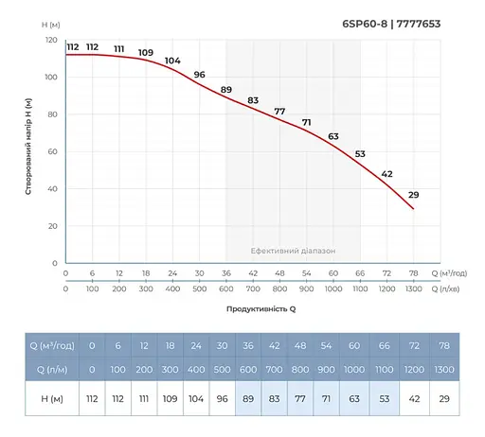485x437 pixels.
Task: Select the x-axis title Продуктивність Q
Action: (260, 309)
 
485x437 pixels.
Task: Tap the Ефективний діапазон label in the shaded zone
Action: (293, 251)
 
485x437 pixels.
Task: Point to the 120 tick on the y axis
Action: (51, 41)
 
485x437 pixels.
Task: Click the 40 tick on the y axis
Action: (53, 189)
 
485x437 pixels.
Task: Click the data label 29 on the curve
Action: (413, 195)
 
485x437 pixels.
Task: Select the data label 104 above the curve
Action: (172, 61)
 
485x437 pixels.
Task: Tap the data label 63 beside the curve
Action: (333, 136)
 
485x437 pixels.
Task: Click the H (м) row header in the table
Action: (53, 398)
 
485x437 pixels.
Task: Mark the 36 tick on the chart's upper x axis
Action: (225, 273)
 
